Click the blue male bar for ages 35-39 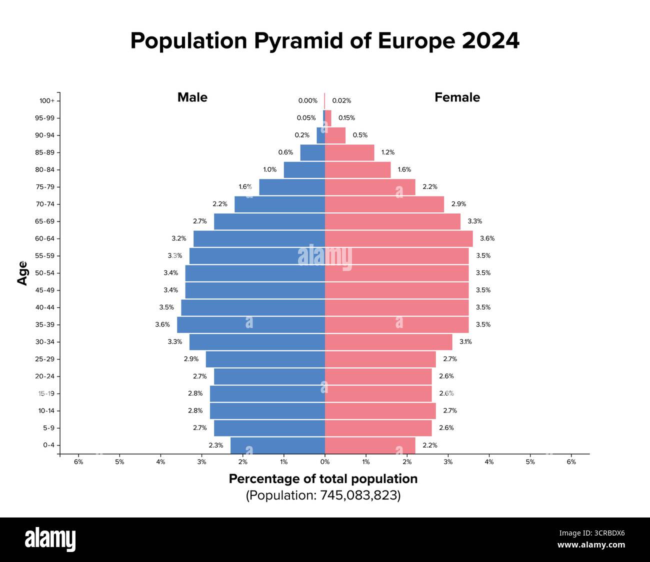tap(251, 324)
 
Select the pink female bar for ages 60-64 tap(398, 238)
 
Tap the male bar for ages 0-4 tap(277, 445)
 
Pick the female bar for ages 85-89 tap(349, 152)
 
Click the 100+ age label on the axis tap(46, 100)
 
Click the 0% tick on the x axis tap(325, 462)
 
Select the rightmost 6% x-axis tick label tap(571, 462)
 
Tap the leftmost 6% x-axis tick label tap(78, 462)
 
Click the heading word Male tap(192, 97)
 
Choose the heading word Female tap(457, 97)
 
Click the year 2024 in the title tap(490, 41)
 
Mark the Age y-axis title tap(22, 273)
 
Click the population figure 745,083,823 tap(358, 495)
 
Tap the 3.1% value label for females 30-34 tap(465, 342)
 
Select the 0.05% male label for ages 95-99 tap(306, 118)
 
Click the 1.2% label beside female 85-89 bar tap(387, 152)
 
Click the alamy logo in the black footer tap(50, 539)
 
